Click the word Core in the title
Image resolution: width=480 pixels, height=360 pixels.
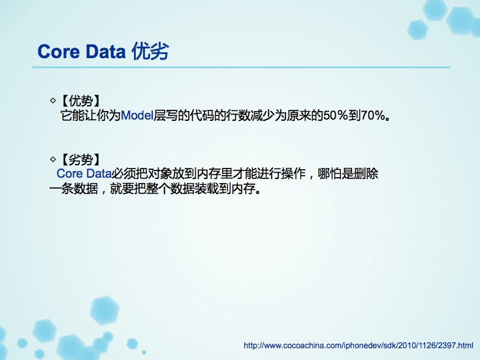tap(59, 52)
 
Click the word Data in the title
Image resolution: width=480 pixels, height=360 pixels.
tap(106, 52)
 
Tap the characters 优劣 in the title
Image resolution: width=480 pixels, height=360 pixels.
tap(150, 51)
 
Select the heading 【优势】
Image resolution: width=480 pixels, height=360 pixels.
tap(81, 101)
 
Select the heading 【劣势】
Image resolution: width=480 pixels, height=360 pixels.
tap(81, 159)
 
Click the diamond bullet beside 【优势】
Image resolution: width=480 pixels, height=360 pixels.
tap(53, 100)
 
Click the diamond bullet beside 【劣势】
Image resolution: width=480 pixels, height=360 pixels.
tap(53, 159)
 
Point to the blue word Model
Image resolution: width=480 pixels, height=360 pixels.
tap(137, 116)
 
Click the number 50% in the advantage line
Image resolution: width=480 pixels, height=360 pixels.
tap(336, 116)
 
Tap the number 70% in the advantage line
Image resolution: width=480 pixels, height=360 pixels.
tap(372, 116)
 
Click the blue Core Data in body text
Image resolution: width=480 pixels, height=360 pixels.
tap(84, 174)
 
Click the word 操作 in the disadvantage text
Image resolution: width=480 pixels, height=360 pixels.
tap(293, 174)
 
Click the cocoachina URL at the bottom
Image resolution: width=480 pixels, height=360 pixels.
tap(359, 346)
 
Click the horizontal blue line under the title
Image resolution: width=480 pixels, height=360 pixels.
tap(241, 67)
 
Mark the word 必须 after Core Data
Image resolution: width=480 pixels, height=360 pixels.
tap(123, 174)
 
